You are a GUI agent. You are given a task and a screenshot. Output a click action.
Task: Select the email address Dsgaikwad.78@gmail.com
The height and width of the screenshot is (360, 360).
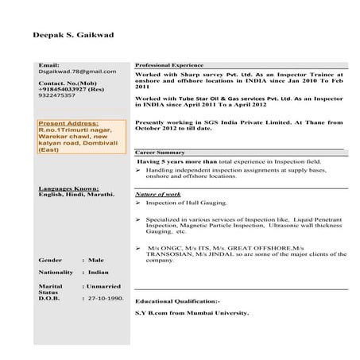point(76,72)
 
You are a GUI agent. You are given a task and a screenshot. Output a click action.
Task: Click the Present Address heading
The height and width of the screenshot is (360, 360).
point(68,124)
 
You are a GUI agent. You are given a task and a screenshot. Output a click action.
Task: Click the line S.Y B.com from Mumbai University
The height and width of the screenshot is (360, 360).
point(192,313)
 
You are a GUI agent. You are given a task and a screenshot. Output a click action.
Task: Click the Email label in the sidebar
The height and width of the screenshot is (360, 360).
point(48,64)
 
